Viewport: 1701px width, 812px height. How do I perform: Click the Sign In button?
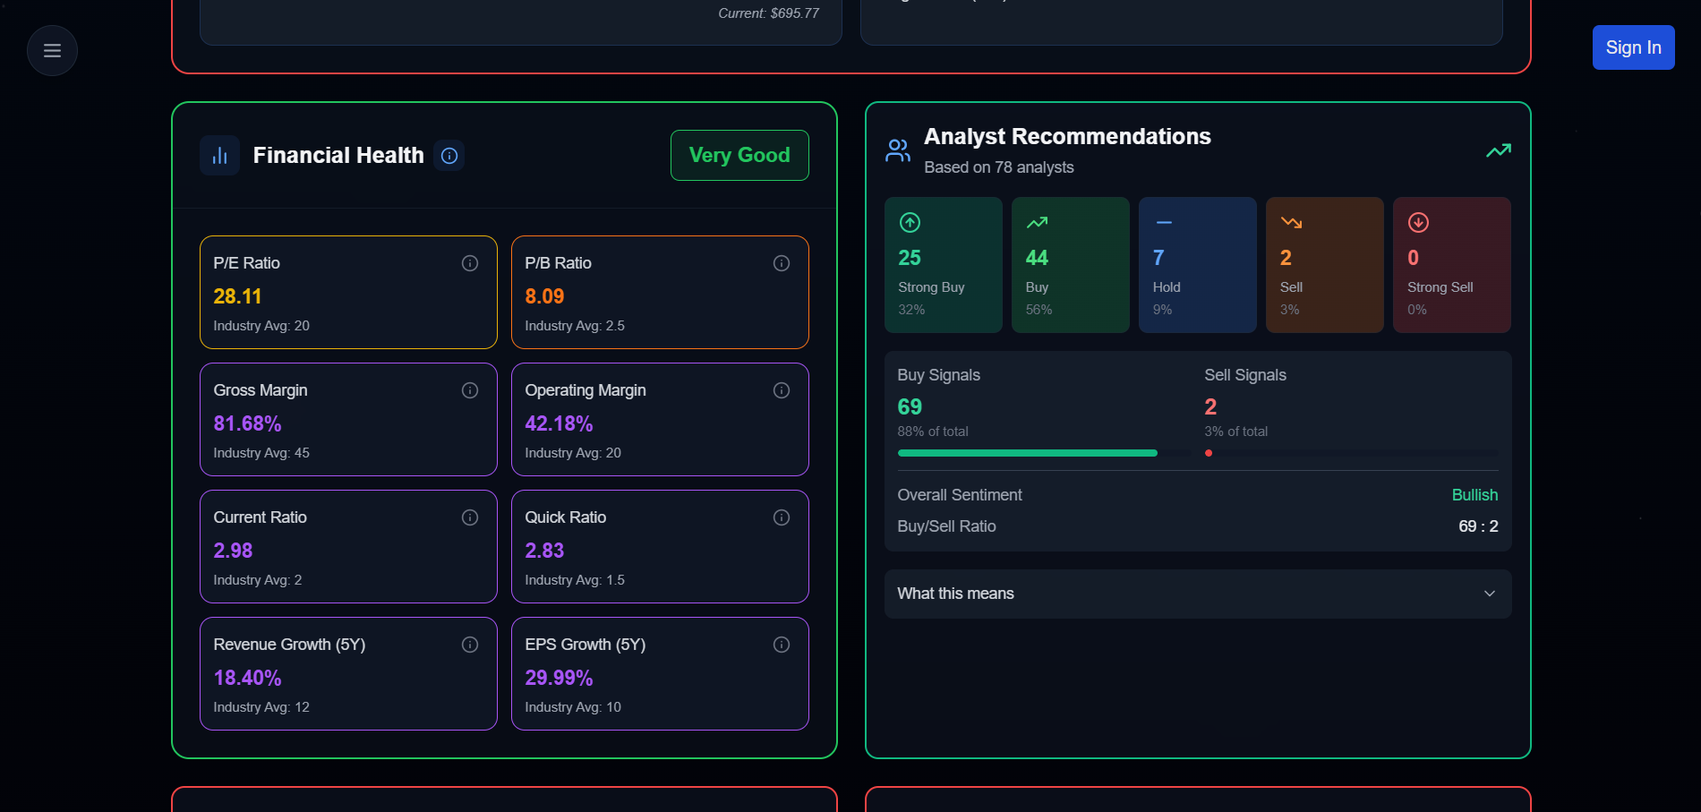coord(1633,47)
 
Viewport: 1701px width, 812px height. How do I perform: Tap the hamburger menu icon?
coord(52,51)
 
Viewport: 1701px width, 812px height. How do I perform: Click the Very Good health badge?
coord(739,155)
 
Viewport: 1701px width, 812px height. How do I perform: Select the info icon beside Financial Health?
coord(449,156)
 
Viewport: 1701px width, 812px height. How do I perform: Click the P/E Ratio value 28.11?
coord(237,296)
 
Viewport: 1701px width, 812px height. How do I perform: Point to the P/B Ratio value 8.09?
coord(544,296)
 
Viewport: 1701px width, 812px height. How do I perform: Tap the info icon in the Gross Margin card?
coord(470,390)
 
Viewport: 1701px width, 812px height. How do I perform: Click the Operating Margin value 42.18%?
coord(559,423)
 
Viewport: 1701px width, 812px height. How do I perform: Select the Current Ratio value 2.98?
coord(233,551)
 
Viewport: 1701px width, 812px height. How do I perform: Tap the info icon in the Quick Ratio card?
coord(782,517)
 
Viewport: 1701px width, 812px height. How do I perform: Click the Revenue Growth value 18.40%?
coord(247,678)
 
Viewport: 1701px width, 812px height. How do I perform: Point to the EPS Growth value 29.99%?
coord(559,678)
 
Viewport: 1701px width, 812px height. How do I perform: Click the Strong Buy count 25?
coord(910,258)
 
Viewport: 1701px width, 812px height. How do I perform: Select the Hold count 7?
coord(1158,258)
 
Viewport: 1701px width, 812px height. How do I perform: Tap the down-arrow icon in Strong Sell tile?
coord(1418,222)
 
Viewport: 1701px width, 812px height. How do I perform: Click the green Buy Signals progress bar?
coord(1027,453)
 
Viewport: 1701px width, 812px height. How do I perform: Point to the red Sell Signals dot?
coord(1209,453)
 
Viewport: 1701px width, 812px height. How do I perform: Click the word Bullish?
coord(1474,495)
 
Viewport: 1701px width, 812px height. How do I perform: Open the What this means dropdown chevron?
coord(1490,594)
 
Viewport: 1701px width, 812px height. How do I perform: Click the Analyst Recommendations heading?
coord(1067,136)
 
